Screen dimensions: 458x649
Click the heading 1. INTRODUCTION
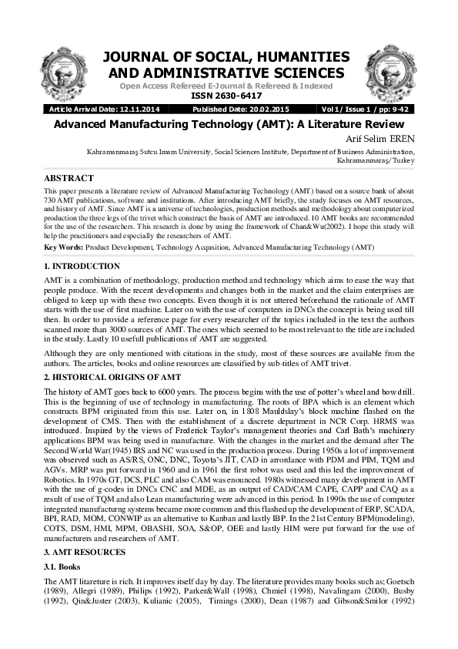82,266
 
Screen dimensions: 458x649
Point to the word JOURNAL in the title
133,58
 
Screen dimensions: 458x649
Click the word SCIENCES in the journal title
304,73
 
